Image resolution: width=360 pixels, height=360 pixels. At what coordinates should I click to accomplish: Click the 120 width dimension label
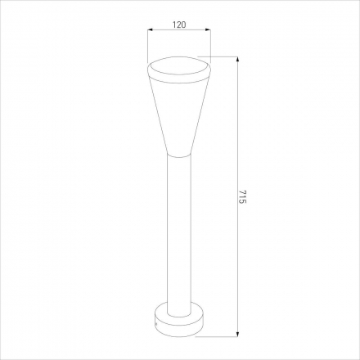179,25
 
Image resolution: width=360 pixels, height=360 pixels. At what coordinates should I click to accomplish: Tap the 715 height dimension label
242,196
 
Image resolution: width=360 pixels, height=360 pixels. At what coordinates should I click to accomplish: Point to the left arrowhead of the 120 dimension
151,29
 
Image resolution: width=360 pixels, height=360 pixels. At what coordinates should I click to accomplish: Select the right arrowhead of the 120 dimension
208,29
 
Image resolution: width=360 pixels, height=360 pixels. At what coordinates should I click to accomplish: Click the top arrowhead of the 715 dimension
238,60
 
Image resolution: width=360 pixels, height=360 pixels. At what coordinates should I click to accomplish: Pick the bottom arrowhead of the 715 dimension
238,334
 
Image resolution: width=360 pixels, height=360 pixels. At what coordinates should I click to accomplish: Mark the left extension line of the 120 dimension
147,46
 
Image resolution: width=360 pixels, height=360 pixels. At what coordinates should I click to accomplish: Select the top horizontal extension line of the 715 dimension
218,56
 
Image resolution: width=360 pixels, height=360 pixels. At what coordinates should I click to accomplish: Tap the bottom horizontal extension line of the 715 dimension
217,336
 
